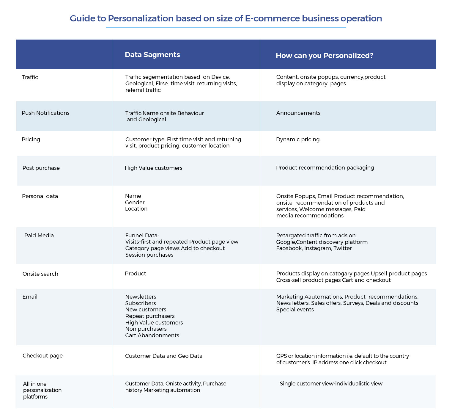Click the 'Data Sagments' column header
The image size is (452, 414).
point(152,55)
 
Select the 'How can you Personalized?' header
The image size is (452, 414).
point(325,56)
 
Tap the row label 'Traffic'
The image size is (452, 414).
point(30,77)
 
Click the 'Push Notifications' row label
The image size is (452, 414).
point(45,113)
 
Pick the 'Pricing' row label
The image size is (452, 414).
point(31,139)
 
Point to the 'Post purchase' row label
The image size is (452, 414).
point(41,168)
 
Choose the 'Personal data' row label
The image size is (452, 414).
point(40,196)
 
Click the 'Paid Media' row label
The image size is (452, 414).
point(39,235)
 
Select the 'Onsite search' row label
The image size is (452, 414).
point(40,274)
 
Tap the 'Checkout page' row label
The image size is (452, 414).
point(42,356)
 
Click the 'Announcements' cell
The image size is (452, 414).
point(298,113)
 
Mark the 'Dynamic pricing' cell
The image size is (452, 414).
point(298,139)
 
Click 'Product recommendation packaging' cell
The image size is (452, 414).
point(325,168)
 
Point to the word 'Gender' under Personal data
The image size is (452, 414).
point(135,202)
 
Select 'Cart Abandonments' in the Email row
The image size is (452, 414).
point(152,335)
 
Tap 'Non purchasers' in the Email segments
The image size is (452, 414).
point(146,329)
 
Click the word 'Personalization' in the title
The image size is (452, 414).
point(141,18)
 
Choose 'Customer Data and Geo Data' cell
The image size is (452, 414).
point(163,356)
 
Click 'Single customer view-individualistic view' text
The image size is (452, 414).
point(331,384)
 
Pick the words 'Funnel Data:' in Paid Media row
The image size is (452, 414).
point(142,235)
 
